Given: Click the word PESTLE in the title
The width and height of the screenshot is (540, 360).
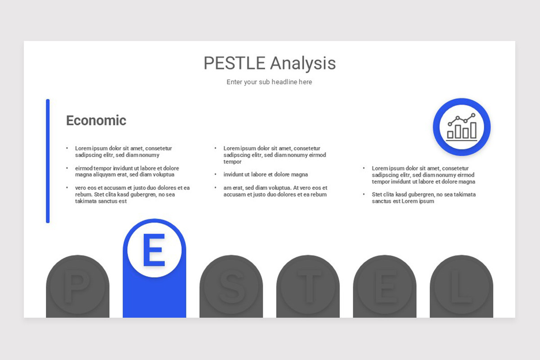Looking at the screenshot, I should (234, 63).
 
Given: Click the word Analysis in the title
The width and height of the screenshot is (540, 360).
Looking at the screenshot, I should (303, 63).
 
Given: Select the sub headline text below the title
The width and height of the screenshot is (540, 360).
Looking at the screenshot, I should (269, 82).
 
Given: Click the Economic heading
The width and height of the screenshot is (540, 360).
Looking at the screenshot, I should (96, 120).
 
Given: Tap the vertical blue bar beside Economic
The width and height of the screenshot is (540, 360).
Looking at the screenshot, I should (48, 161).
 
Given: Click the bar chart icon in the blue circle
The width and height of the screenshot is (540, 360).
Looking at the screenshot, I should (462, 127).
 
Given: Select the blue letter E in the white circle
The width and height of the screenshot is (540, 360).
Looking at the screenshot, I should (154, 250).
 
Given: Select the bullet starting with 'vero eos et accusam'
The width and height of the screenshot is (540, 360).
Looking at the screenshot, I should (132, 194).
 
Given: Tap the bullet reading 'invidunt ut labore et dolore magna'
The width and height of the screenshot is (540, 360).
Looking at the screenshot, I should (265, 175).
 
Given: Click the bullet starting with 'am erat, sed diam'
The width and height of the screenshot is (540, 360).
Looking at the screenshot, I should (275, 191).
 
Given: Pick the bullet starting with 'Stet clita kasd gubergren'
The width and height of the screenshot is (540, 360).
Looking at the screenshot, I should (423, 198).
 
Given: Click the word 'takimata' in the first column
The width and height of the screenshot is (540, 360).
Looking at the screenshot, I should (87, 201).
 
